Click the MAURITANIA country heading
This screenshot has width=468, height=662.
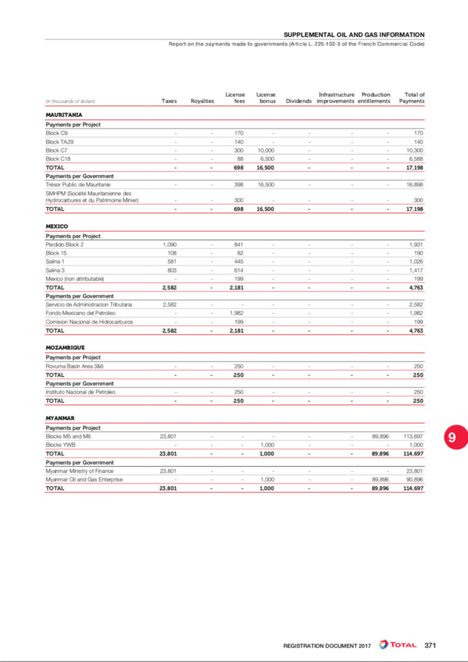(64, 115)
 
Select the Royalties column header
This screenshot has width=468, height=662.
(202, 101)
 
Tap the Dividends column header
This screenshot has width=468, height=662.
(299, 101)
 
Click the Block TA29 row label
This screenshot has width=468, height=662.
(60, 142)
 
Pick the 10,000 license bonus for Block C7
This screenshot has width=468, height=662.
(267, 150)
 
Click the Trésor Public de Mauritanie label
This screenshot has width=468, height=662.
(78, 184)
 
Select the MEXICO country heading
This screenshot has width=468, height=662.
(56, 227)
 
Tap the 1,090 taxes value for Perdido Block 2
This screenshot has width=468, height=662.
(169, 245)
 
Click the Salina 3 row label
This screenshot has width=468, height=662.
(55, 270)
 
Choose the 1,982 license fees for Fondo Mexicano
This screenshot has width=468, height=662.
(234, 313)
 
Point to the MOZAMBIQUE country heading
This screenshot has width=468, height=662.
(66, 348)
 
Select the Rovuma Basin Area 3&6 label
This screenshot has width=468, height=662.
(74, 366)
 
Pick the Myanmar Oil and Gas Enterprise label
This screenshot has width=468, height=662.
(84, 479)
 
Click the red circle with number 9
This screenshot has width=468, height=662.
(452, 437)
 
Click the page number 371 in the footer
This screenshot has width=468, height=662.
(431, 645)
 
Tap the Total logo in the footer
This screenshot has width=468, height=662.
(399, 645)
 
